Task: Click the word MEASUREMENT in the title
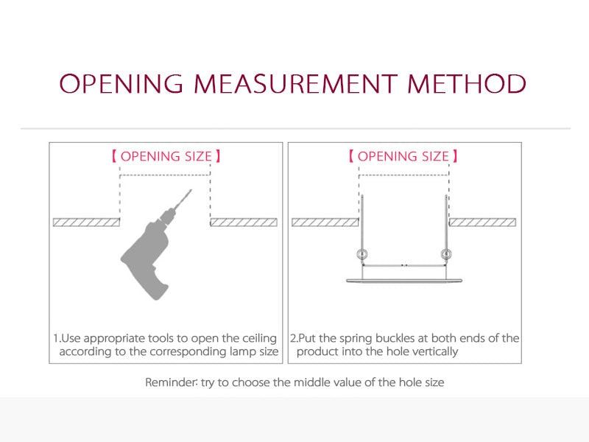pyautogui.click(x=296, y=83)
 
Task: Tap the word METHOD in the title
pyautogui.click(x=467, y=83)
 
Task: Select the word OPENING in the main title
pyautogui.click(x=121, y=83)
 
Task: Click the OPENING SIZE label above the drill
pyautogui.click(x=166, y=156)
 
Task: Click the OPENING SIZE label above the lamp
pyautogui.click(x=403, y=156)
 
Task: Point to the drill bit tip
pyautogui.click(x=191, y=190)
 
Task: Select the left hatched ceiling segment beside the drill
pyautogui.click(x=86, y=222)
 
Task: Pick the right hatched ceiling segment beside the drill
pyautogui.click(x=244, y=222)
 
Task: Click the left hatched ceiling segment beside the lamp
pyautogui.click(x=325, y=222)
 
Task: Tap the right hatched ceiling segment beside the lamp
pyautogui.click(x=482, y=222)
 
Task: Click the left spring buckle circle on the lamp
pyautogui.click(x=362, y=254)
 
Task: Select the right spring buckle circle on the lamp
pyautogui.click(x=446, y=254)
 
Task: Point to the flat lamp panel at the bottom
pyautogui.click(x=404, y=281)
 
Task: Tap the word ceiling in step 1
pyautogui.click(x=259, y=338)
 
